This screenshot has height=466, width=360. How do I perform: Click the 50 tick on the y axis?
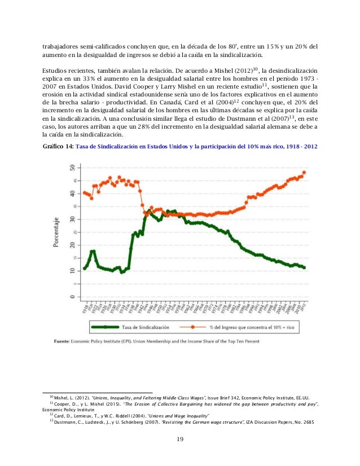[x=71, y=167]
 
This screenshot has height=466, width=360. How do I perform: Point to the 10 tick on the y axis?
[x=71, y=271]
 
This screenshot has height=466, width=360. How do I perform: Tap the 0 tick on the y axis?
[x=71, y=297]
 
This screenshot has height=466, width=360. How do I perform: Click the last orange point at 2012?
[x=304, y=172]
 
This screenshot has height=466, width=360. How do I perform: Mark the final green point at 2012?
[x=304, y=267]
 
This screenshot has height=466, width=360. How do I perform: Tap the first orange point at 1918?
[x=84, y=192]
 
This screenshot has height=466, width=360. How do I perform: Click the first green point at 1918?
[x=84, y=269]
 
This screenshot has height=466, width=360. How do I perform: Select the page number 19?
[x=179, y=440]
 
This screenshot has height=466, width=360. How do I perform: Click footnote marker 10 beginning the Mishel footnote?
[x=50, y=396]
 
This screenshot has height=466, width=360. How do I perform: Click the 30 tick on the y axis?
[x=71, y=219]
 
